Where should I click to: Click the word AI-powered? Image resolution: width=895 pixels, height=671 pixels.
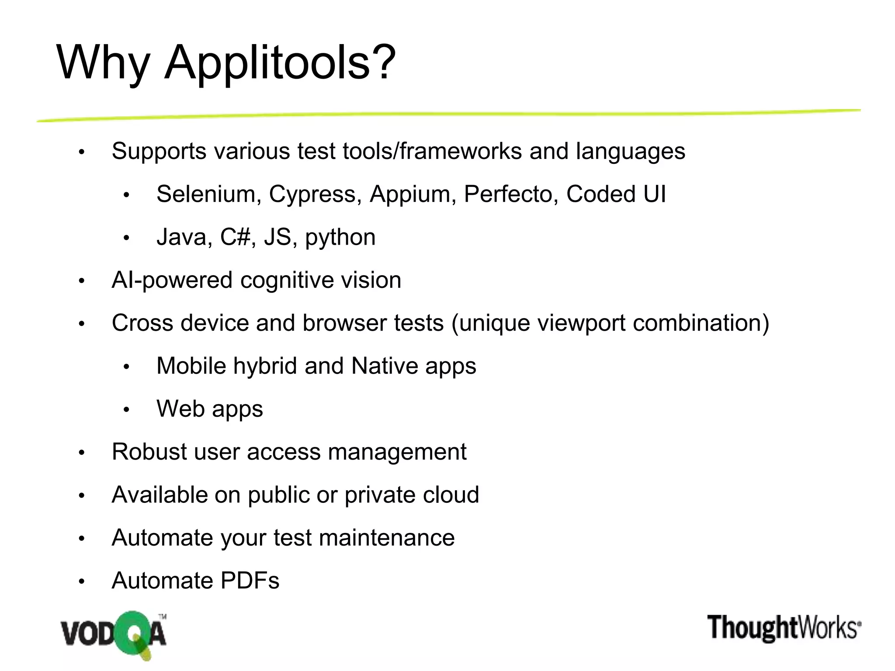[x=172, y=280]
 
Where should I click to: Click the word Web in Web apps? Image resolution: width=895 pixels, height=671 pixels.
[x=181, y=409]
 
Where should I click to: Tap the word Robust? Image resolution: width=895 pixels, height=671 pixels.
[x=149, y=452]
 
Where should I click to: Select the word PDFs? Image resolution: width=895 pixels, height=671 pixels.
[x=250, y=581]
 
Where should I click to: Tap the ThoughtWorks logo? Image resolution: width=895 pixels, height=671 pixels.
[x=784, y=628]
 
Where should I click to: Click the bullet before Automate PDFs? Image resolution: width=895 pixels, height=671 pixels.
[x=81, y=581]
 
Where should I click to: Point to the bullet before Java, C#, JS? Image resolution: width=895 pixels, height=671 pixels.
[x=126, y=238]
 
